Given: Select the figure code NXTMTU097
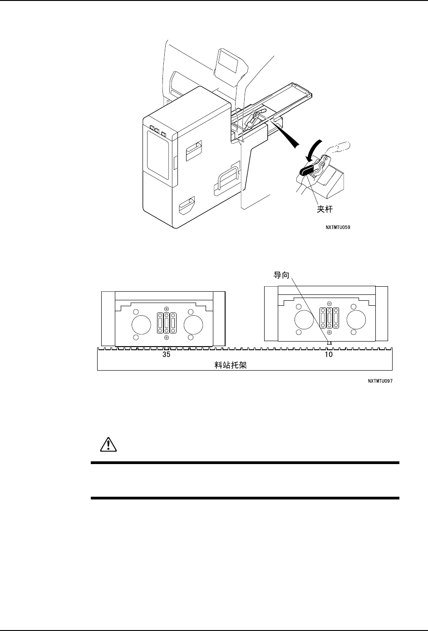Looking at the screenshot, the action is [380, 382].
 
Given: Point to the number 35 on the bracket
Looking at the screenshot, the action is [167, 354].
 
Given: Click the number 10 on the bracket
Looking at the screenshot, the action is [329, 354].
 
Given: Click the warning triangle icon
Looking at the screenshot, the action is [108, 445].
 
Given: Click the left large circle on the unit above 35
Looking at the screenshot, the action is [140, 325].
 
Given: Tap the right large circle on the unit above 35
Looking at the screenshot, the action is [193, 325].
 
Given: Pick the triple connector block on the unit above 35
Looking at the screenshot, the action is [167, 325].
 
